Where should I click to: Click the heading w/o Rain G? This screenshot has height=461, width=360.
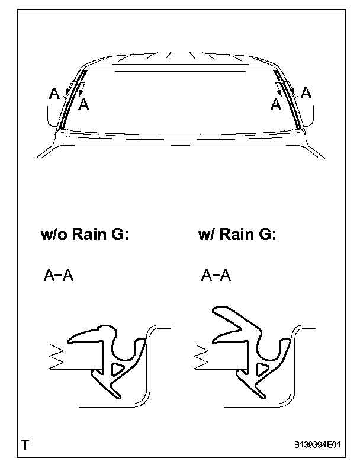click(x=84, y=235)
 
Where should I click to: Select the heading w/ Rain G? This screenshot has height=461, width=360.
click(x=237, y=235)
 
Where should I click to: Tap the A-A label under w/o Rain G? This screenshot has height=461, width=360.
click(x=59, y=276)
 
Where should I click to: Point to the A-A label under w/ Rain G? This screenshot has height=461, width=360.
click(x=216, y=276)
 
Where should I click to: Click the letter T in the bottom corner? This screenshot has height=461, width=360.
click(x=25, y=444)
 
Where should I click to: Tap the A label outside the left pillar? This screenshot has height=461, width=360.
click(x=54, y=94)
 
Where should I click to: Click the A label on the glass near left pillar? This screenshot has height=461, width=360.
click(x=85, y=105)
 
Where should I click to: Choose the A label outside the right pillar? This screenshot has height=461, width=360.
click(x=306, y=92)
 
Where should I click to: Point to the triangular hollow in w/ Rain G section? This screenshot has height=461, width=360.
click(x=261, y=370)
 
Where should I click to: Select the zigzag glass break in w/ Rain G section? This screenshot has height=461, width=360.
click(x=202, y=356)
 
